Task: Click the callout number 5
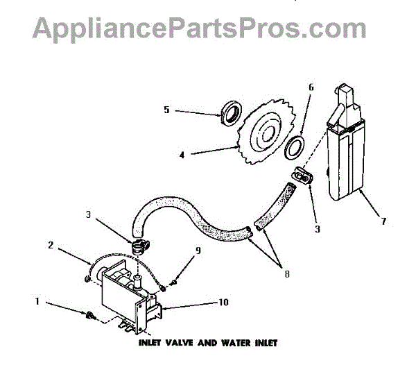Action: pyautogui.click(x=166, y=110)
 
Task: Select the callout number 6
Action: pyautogui.click(x=311, y=88)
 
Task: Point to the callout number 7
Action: pyautogui.click(x=383, y=222)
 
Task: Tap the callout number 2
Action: pyautogui.click(x=51, y=244)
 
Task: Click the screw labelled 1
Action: pyautogui.click(x=90, y=316)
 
